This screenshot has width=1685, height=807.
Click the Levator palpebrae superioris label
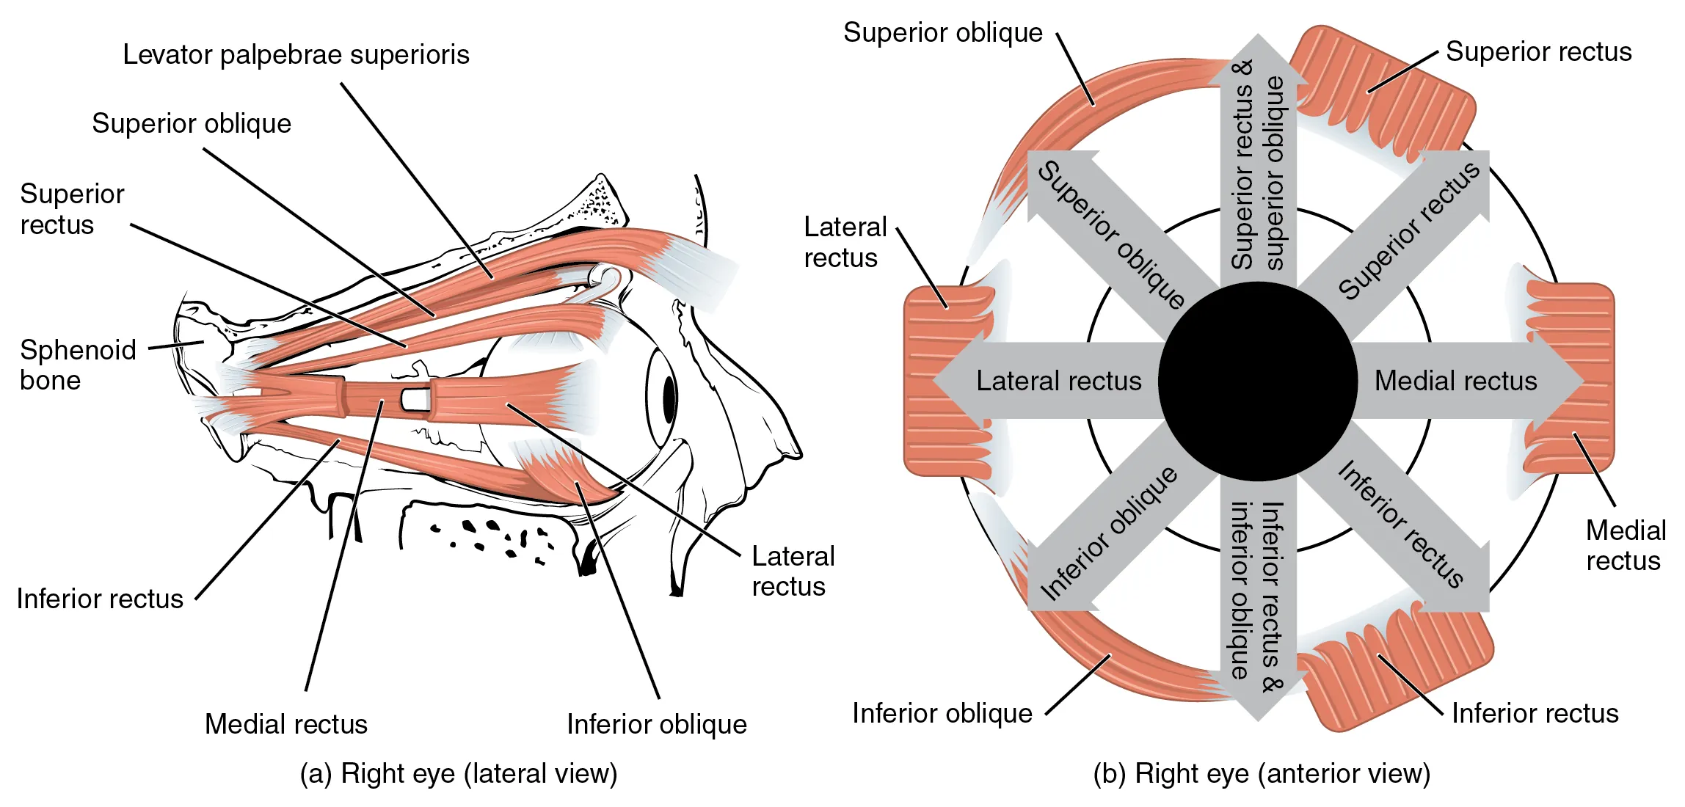coord(296,55)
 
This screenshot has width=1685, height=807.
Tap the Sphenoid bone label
coord(78,365)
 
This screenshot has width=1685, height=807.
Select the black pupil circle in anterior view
coord(1258,381)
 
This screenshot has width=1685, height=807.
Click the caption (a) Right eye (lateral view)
coord(459,774)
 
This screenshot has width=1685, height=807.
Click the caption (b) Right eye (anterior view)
coord(1262,774)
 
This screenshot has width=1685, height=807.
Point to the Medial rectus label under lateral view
coord(285,724)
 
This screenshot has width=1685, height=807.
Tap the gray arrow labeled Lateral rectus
coord(1057,381)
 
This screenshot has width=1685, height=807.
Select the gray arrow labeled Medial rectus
coord(1457,381)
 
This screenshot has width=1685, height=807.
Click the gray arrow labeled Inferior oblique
coord(1108,534)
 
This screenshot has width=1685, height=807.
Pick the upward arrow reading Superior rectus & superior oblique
coord(1258,169)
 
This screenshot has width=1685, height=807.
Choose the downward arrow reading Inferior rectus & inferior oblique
coord(1258,594)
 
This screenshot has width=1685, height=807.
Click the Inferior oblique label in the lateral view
coord(656,724)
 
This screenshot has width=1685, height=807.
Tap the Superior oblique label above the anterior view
coord(942,33)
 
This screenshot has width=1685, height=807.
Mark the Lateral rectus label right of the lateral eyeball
coord(793,572)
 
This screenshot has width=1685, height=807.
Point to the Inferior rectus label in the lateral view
coord(100,599)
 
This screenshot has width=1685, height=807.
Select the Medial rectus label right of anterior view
coord(1625,545)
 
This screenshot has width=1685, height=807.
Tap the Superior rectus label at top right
coord(1538,52)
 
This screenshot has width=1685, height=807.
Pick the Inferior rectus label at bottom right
coord(1535,713)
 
